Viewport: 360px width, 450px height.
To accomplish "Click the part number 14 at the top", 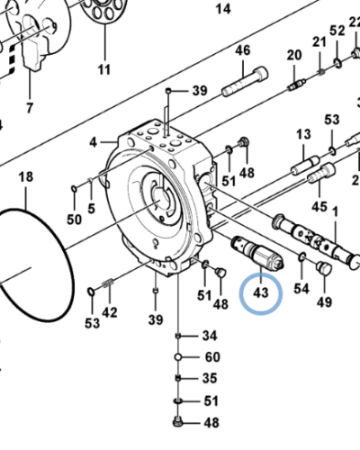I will coord(224,9).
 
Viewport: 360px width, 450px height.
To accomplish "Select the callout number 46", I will coord(242,51).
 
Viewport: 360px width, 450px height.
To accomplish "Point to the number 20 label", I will coord(293,56).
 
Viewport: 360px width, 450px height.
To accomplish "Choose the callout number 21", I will coord(319,42).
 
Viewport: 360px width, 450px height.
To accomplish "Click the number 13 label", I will coord(301,134).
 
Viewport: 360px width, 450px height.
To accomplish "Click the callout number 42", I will coord(110,312).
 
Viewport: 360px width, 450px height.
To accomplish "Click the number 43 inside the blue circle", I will coord(262,294).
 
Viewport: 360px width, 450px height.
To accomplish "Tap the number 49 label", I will coord(325,300).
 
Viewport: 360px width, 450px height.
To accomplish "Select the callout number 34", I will coord(210,336).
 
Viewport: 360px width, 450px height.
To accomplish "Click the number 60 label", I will coord(211,356).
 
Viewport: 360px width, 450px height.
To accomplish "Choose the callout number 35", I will coord(210,378).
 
